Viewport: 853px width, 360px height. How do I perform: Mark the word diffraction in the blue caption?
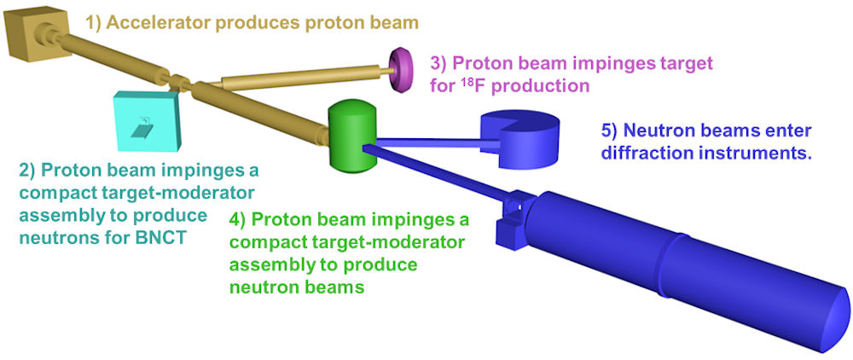point(645,154)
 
